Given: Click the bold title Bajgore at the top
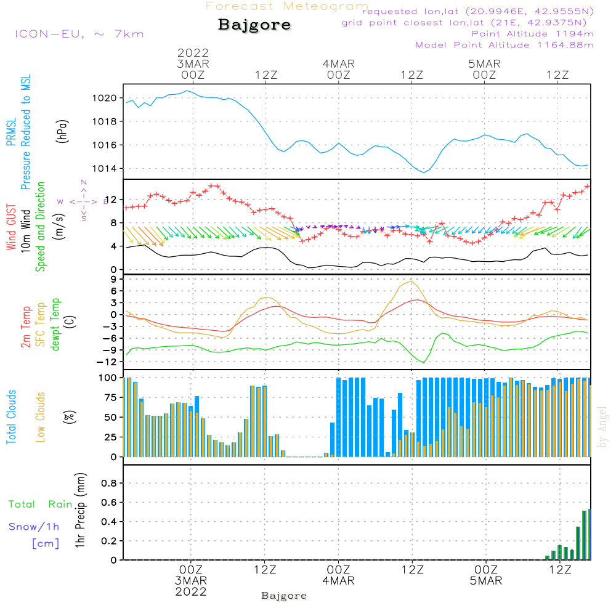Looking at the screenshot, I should click(254, 26).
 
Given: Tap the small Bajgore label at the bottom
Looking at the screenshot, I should click(284, 596).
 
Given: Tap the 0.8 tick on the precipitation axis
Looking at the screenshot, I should click(109, 483).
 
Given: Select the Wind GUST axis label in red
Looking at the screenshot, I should click(11, 227).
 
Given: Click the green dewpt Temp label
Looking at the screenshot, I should click(55, 325).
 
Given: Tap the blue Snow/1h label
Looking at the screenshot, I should click(34, 527).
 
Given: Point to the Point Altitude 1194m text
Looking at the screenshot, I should click(532, 34).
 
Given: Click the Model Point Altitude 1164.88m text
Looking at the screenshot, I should click(505, 45).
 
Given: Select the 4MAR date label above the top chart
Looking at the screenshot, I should click(338, 63).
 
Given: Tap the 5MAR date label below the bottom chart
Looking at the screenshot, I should click(486, 581).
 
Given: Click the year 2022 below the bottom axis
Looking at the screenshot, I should click(190, 591).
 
